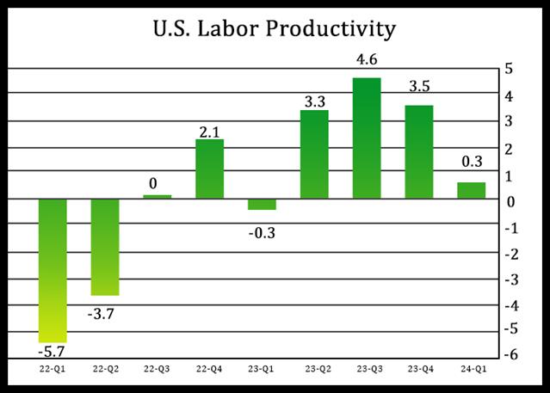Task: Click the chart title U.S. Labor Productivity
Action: [275, 28]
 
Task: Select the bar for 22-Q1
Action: [53, 270]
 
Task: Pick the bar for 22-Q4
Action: [209, 169]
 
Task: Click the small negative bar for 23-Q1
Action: [262, 204]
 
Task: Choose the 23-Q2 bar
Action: [314, 154]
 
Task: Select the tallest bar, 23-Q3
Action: [367, 138]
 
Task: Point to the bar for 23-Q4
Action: [419, 151]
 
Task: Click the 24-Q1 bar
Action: [471, 190]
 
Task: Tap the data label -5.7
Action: [53, 350]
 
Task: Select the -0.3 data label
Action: [262, 231]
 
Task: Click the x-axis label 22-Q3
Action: [157, 367]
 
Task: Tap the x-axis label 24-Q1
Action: [471, 367]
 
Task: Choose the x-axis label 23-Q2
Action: [314, 367]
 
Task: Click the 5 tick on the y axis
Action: [511, 70]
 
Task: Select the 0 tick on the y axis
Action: [511, 202]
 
